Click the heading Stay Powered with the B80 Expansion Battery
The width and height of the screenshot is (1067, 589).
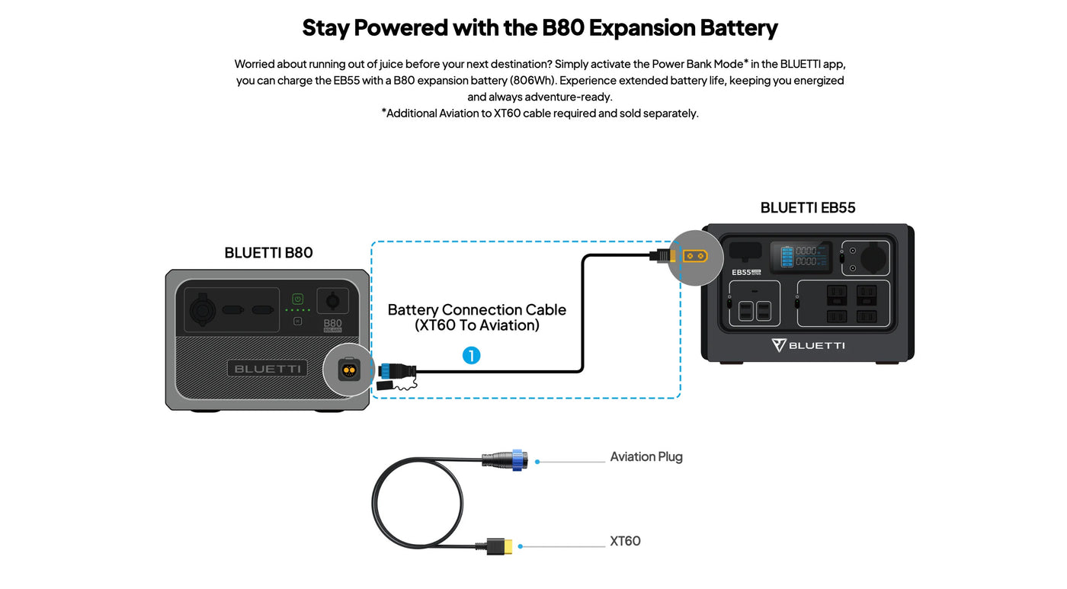[540, 28]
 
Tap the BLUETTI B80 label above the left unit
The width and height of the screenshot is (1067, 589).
[268, 253]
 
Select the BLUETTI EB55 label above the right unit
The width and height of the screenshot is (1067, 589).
[807, 208]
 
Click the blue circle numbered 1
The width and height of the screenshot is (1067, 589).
[472, 355]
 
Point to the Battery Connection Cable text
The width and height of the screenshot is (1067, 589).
[476, 310]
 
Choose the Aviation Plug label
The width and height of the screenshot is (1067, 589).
[646, 457]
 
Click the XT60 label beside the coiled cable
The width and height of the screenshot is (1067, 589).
[625, 541]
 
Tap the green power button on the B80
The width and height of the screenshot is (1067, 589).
[298, 299]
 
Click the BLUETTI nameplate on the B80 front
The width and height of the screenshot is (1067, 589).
[267, 369]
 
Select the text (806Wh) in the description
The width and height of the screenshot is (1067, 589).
[532, 81]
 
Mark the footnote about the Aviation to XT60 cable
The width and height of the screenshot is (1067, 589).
[540, 114]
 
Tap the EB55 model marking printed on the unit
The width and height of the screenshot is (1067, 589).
[742, 272]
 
